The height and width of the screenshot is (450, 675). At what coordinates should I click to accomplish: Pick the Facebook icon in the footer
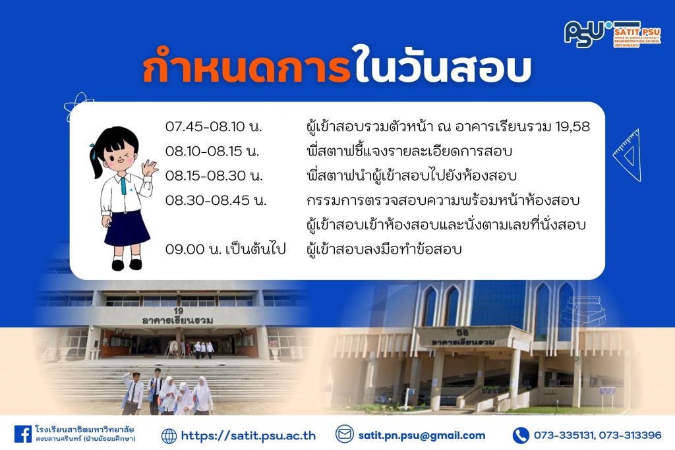tap(23, 434)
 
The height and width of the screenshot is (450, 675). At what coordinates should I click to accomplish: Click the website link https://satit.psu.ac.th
tap(249, 436)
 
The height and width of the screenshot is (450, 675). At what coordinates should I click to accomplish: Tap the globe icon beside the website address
tap(169, 436)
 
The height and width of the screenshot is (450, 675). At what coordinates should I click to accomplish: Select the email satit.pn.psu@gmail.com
tap(421, 436)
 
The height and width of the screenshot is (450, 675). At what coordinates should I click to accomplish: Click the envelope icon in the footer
tap(344, 434)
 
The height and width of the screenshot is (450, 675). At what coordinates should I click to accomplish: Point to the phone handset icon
tap(521, 436)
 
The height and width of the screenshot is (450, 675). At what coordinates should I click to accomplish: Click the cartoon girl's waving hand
tap(150, 167)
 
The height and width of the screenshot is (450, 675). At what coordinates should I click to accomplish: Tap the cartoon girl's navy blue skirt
tap(127, 228)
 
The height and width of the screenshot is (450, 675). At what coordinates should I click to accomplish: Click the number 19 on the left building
tap(179, 310)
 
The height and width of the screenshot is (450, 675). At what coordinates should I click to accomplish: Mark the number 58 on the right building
tap(462, 333)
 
